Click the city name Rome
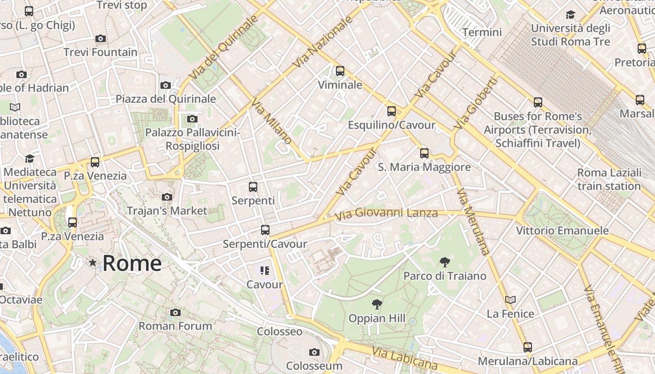[x=132, y=263]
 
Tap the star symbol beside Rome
[x=93, y=263]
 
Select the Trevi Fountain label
[x=101, y=52]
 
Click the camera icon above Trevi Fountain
[x=100, y=39]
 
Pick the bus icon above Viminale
[x=340, y=71]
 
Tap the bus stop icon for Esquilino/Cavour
[x=392, y=111]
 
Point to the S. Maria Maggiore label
[x=424, y=167]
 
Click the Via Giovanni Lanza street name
[x=386, y=214]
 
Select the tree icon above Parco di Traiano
[x=444, y=262]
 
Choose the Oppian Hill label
[x=377, y=318]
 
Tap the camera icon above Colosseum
[x=314, y=352]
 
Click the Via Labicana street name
[x=405, y=358]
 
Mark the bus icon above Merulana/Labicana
[x=528, y=347]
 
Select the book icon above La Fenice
[x=510, y=300]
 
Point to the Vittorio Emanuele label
[x=562, y=230]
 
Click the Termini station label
[x=482, y=32]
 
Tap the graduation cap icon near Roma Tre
[x=570, y=14]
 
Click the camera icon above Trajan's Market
[x=167, y=197]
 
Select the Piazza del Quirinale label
[x=166, y=99]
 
